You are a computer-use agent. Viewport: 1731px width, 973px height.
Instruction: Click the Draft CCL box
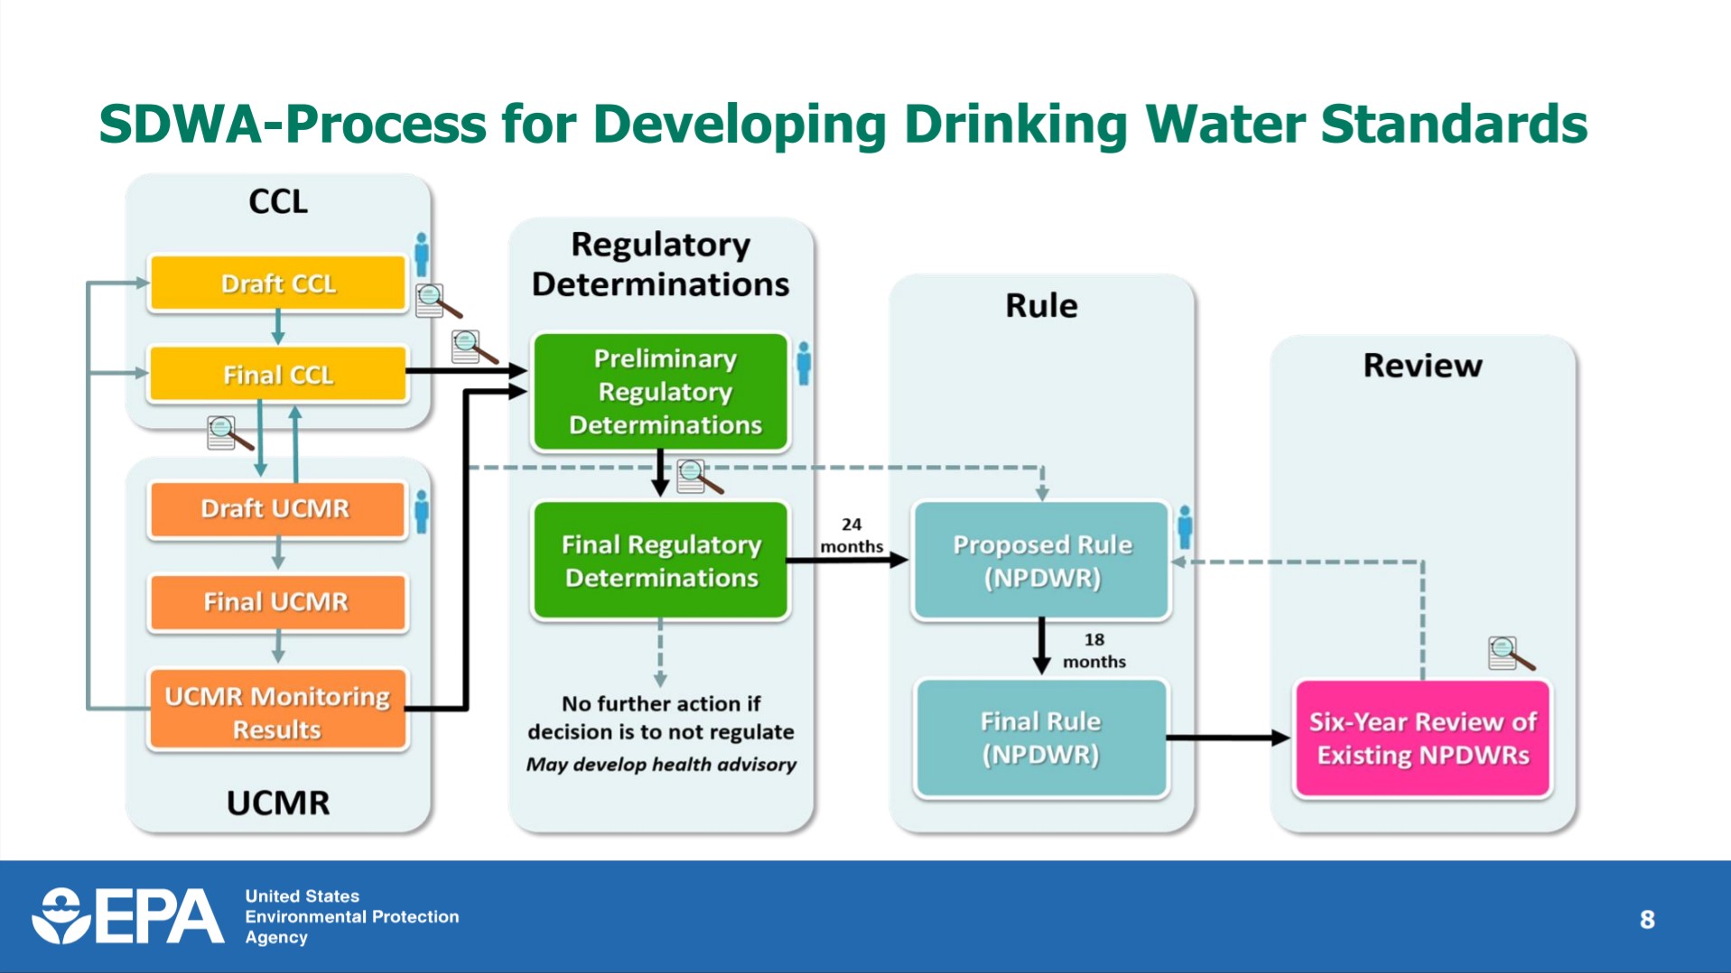coord(277,283)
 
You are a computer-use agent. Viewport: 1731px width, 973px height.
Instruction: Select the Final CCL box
coord(277,374)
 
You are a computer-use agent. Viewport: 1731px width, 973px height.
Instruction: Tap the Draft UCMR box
coord(275,509)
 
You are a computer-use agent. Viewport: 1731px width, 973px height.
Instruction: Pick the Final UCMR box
coord(275,602)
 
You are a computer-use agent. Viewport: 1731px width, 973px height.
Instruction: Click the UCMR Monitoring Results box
coord(277,711)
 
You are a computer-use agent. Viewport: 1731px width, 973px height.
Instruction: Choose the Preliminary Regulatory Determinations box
coord(661,392)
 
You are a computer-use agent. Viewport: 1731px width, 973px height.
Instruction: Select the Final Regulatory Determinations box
coord(661,561)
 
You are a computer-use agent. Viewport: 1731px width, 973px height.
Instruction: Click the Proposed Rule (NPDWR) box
coord(1042,561)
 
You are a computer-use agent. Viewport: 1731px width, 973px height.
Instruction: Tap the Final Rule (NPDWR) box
coord(1041,737)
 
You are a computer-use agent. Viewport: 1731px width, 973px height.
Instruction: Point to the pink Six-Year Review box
coord(1423,737)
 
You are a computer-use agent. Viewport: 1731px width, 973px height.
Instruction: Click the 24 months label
coord(851,535)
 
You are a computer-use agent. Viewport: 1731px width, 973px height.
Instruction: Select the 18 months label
coord(1094,650)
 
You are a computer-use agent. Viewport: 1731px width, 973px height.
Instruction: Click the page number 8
coord(1647,920)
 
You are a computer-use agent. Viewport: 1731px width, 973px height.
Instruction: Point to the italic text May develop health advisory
coord(661,764)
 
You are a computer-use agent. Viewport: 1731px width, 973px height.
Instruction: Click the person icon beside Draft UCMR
coord(421,511)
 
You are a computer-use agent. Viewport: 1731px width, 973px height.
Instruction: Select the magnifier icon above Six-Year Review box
coord(1509,653)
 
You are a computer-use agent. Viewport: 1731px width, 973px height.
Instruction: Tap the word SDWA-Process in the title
coord(292,124)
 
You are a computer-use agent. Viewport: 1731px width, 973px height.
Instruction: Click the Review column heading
coord(1422,366)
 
